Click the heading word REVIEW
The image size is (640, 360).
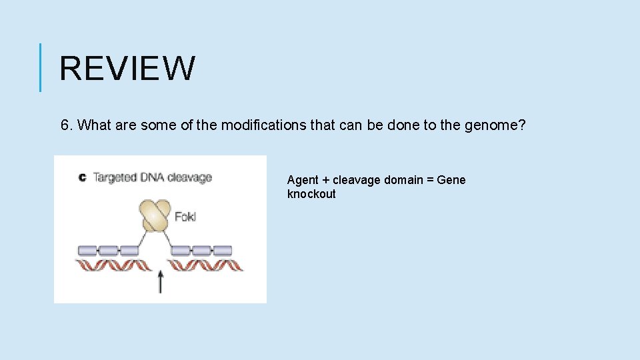[x=127, y=68]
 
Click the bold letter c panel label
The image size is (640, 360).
[x=82, y=177]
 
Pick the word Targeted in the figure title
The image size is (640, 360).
[x=114, y=177]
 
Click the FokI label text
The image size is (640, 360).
[x=185, y=217]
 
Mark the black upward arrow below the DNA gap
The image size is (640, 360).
[x=160, y=281]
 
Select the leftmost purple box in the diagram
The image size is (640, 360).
[x=87, y=251]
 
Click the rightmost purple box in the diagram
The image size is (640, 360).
[x=223, y=251]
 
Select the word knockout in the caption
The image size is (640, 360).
[x=311, y=194]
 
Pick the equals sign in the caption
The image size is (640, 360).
[x=429, y=180]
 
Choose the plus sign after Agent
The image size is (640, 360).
[x=325, y=180]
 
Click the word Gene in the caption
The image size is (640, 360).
[x=451, y=180]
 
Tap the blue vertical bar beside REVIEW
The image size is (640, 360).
[x=41, y=67]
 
